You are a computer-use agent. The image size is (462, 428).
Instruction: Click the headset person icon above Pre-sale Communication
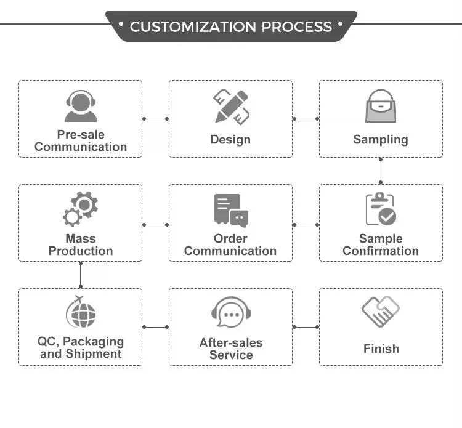(x=81, y=106)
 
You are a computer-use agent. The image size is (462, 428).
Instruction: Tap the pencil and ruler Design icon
(x=231, y=107)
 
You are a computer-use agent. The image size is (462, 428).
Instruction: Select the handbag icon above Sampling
(x=381, y=106)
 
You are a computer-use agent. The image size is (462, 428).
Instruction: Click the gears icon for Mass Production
(x=81, y=209)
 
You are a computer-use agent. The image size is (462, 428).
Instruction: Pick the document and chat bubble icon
(x=231, y=211)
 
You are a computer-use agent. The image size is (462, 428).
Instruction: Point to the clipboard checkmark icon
(x=381, y=209)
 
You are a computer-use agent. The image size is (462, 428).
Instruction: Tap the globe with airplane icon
(x=81, y=312)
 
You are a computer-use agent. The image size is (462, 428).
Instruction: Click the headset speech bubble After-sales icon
(x=231, y=312)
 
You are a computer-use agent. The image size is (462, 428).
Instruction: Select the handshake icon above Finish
(x=381, y=312)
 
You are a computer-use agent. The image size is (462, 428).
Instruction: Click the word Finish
(x=381, y=349)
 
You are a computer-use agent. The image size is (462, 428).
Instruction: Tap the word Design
(x=230, y=140)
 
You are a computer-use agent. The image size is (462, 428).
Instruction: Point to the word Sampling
(x=381, y=140)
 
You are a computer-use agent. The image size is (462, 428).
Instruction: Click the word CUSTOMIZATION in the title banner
(x=193, y=27)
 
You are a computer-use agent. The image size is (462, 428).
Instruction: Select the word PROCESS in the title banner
(x=297, y=27)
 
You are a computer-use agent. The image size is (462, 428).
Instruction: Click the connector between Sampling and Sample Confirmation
(x=381, y=171)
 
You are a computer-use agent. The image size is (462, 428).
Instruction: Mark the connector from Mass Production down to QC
(x=81, y=275)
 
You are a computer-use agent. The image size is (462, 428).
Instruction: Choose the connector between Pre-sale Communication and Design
(x=156, y=119)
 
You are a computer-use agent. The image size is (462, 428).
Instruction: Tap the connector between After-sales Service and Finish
(x=306, y=327)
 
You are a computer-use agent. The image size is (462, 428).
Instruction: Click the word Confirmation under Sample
(x=381, y=251)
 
